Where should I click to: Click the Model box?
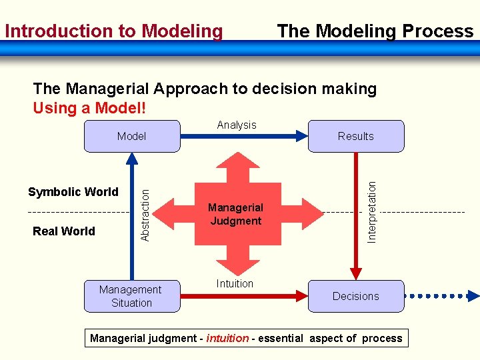132,137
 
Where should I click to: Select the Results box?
355,137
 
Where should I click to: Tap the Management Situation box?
131,296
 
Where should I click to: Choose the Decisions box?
355,296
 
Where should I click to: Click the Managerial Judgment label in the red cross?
235,214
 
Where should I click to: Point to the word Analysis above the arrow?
237,125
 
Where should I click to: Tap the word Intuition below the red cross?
235,283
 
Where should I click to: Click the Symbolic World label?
73,192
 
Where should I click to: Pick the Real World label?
64,231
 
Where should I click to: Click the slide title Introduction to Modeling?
114,31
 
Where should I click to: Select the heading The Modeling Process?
375,31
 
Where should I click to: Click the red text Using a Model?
89,108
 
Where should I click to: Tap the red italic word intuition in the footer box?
227,338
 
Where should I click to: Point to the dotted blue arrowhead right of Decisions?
473,296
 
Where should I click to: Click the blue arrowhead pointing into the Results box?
301,137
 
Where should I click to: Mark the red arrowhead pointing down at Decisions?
356,273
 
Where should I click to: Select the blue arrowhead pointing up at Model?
132,158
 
